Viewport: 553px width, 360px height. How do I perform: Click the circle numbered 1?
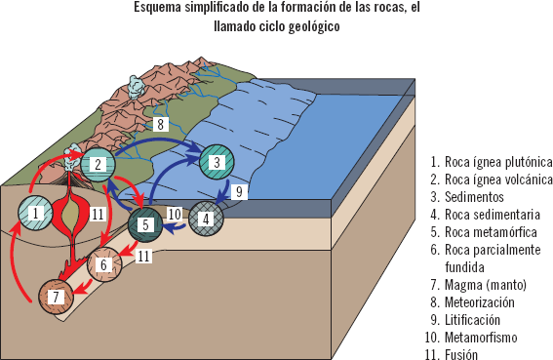[x=36, y=212]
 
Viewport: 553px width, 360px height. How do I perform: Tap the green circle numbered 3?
[x=217, y=162]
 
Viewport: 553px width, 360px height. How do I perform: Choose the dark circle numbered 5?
[x=145, y=224]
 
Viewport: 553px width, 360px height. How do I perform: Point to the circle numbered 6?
[x=103, y=264]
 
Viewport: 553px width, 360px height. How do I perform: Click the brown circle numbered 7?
[x=56, y=294]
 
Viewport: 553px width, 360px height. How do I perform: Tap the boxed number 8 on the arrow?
[x=160, y=125]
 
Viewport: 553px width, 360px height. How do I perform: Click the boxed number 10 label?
[x=175, y=213]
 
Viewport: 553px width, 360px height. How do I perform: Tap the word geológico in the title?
[x=308, y=27]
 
